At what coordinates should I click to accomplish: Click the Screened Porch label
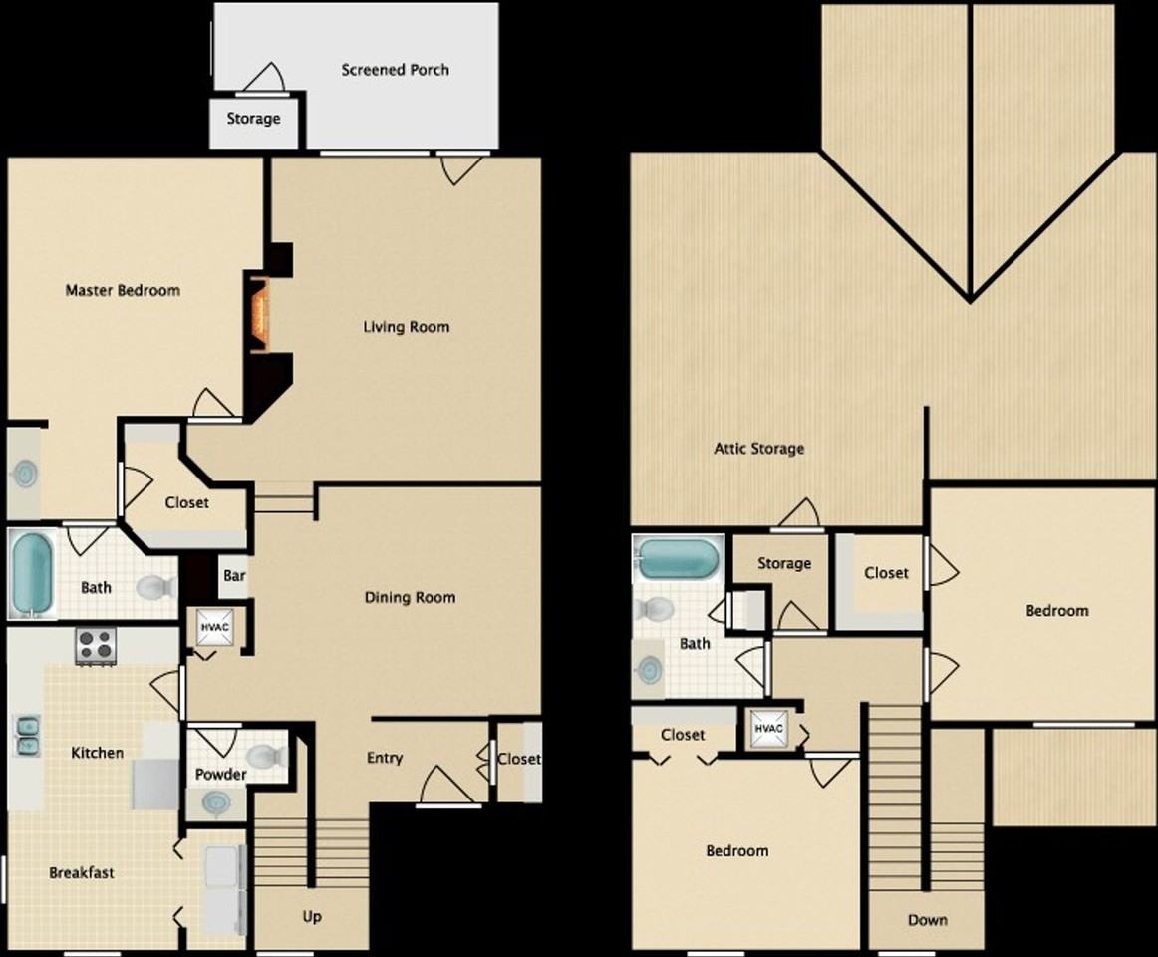(395, 70)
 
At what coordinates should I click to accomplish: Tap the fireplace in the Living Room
(260, 313)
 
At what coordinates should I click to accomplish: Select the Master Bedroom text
(123, 291)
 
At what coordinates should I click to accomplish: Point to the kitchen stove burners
(97, 646)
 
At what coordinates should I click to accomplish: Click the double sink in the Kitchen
(26, 735)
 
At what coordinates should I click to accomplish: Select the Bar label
(234, 576)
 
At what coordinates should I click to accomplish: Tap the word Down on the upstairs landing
(927, 920)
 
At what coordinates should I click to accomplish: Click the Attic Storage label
(758, 449)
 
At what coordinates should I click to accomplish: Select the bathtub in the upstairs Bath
(678, 559)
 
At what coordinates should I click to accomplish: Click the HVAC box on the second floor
(769, 729)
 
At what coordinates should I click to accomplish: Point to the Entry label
(385, 758)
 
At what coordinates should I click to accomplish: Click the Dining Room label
(409, 598)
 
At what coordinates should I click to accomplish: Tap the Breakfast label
(82, 873)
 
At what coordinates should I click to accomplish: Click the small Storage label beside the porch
(253, 119)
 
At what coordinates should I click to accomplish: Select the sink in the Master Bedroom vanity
(23, 476)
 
